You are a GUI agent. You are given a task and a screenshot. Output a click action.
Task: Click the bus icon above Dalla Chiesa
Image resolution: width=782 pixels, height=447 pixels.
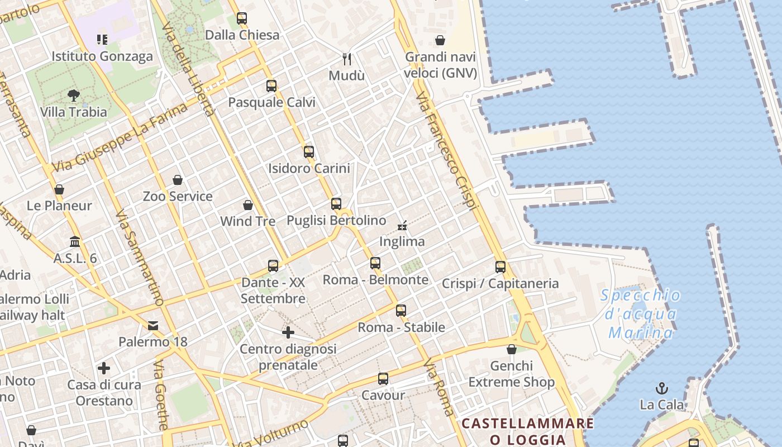(x=242, y=18)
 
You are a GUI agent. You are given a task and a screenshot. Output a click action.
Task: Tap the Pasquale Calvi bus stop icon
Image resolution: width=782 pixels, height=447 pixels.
(x=271, y=85)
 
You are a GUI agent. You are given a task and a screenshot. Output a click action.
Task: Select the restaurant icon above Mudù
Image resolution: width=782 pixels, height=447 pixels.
(x=347, y=58)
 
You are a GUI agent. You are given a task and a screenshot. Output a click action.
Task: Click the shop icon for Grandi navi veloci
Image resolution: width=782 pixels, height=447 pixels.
(x=440, y=40)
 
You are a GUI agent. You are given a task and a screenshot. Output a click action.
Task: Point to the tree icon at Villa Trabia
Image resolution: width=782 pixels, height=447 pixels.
(x=73, y=96)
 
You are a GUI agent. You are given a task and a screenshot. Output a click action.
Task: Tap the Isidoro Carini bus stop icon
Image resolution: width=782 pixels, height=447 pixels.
(x=309, y=151)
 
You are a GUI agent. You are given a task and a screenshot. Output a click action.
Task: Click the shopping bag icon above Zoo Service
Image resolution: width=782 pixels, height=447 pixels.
(x=178, y=180)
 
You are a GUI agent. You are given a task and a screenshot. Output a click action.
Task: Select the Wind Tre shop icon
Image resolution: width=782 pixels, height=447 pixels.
(x=248, y=205)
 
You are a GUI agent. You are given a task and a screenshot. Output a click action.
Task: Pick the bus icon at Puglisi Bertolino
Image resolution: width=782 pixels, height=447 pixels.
(x=336, y=204)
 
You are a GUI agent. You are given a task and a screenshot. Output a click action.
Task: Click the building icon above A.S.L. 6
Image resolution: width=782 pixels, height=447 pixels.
(x=75, y=241)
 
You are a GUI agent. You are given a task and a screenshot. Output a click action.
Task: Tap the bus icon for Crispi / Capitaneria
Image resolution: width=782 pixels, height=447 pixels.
(x=500, y=267)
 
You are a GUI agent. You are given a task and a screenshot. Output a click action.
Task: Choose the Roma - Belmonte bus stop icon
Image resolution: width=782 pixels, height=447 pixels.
(x=375, y=263)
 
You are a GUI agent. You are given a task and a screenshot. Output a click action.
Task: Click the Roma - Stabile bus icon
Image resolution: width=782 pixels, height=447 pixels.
(x=401, y=311)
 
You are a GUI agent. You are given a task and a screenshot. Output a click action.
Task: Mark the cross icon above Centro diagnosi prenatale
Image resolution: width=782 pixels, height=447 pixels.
(x=288, y=333)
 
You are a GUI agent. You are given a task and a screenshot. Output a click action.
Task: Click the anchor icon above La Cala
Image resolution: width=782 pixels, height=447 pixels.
(x=662, y=388)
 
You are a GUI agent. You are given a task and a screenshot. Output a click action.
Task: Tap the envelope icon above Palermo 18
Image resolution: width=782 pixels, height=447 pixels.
(x=153, y=325)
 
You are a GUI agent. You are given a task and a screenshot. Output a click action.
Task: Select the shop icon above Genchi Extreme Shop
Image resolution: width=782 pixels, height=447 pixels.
(x=512, y=349)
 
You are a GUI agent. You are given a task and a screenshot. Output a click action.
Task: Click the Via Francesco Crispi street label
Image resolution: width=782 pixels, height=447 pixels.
(x=447, y=151)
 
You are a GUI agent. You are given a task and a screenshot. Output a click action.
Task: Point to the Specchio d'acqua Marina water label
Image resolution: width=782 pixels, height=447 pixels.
(x=641, y=314)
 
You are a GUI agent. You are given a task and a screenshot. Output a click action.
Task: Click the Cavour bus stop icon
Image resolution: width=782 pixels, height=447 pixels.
(x=383, y=379)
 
